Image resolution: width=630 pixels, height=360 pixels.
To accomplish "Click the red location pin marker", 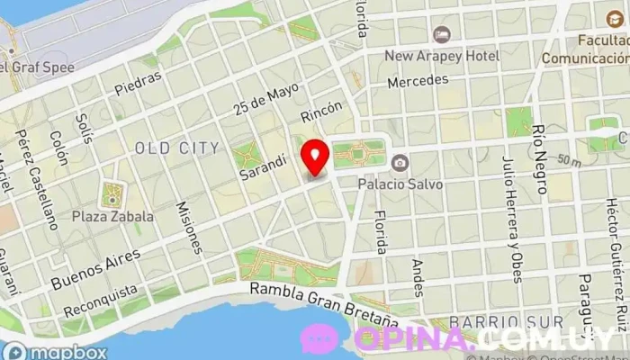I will [x=314, y=157].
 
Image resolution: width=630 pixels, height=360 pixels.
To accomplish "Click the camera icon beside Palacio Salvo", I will [x=400, y=163].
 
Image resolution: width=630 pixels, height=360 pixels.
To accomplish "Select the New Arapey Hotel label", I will [x=442, y=56].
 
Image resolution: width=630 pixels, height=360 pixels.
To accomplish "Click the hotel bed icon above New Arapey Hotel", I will [x=442, y=35].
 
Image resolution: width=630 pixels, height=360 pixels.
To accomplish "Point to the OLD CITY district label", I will [x=176, y=148].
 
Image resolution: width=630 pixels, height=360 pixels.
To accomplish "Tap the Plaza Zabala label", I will [x=113, y=216].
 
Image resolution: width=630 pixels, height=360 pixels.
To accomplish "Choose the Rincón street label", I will [x=321, y=112].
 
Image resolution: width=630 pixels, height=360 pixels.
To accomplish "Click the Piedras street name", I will [x=139, y=83].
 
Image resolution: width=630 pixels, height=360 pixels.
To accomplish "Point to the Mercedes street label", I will [x=418, y=81].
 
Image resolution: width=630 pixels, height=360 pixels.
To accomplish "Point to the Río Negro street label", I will [x=540, y=160].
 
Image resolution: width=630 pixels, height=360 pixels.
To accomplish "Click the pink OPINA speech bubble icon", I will [x=319, y=339].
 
